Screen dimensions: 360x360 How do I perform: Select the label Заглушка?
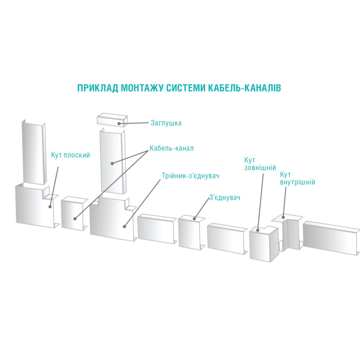[x=166, y=123]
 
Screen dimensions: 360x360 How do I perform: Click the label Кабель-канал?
[x=171, y=148]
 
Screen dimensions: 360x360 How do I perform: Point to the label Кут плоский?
[x=71, y=156]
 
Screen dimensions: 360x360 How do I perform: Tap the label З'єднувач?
[x=224, y=198]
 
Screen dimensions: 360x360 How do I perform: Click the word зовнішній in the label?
[x=260, y=168]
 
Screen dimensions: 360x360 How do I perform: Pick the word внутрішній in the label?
[x=297, y=182]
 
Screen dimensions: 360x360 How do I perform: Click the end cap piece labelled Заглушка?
[x=112, y=121]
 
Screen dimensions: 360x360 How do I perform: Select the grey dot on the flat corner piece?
[x=50, y=207]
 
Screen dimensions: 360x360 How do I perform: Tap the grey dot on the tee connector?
[x=124, y=226]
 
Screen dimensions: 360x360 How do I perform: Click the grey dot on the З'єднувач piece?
[x=194, y=218]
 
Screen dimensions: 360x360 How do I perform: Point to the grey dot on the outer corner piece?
[x=258, y=229]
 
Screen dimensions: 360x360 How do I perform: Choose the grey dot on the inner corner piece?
[x=284, y=217]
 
